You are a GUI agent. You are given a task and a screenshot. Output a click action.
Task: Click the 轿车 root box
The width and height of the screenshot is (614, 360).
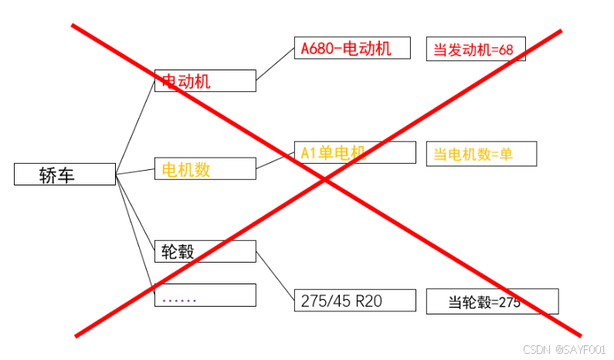point(64,175)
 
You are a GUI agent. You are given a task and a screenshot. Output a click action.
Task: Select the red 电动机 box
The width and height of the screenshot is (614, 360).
point(205,80)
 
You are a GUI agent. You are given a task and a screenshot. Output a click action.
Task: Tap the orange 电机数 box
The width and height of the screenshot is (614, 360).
point(205,168)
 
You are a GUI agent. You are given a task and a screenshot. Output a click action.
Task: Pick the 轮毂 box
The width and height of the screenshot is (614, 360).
point(205,251)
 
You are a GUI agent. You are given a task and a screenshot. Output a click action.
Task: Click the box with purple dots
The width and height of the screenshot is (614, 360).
point(205,295)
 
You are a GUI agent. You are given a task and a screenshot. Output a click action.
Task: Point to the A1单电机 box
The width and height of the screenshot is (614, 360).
point(354,152)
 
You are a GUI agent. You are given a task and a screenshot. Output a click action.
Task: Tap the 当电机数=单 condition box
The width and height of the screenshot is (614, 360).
point(480,154)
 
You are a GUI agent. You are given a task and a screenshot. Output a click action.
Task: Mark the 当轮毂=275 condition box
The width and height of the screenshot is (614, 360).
point(492,301)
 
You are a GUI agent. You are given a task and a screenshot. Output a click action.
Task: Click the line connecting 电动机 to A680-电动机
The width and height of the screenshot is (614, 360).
point(275,64)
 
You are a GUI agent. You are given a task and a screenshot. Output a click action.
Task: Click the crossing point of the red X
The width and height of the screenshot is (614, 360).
point(324,180)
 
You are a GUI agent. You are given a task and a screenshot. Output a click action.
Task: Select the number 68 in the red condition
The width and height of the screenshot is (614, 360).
point(506,50)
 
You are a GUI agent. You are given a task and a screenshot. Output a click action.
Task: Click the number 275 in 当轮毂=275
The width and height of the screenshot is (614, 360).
point(509,302)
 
